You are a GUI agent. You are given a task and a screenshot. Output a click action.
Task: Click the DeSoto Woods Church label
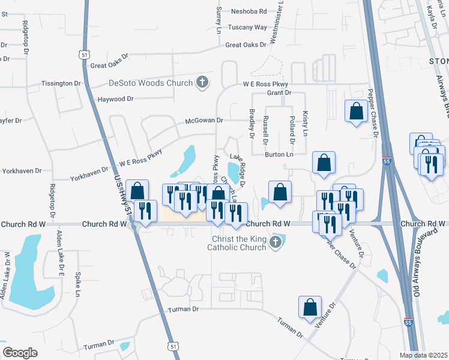(x=150, y=83)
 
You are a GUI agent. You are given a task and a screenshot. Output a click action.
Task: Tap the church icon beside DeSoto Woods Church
(x=202, y=83)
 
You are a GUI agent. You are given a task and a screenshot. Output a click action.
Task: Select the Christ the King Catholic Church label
(x=237, y=242)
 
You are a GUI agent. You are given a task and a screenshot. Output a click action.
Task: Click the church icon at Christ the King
(x=276, y=242)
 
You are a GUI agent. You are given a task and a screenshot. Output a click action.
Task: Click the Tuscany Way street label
(x=247, y=28)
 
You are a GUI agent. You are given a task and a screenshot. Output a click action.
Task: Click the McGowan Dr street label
(x=203, y=121)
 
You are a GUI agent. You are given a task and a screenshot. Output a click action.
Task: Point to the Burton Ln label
(x=279, y=155)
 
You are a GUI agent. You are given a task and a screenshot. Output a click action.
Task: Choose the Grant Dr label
(x=279, y=93)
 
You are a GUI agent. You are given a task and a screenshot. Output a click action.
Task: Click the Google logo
(x=20, y=353)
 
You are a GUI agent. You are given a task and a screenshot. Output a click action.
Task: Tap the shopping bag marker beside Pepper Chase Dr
(x=357, y=111)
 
